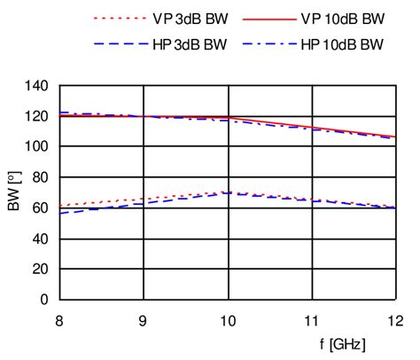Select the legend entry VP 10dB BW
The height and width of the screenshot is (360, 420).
331,17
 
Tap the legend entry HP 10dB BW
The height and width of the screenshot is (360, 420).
331,43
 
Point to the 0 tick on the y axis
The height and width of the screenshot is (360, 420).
43,300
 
